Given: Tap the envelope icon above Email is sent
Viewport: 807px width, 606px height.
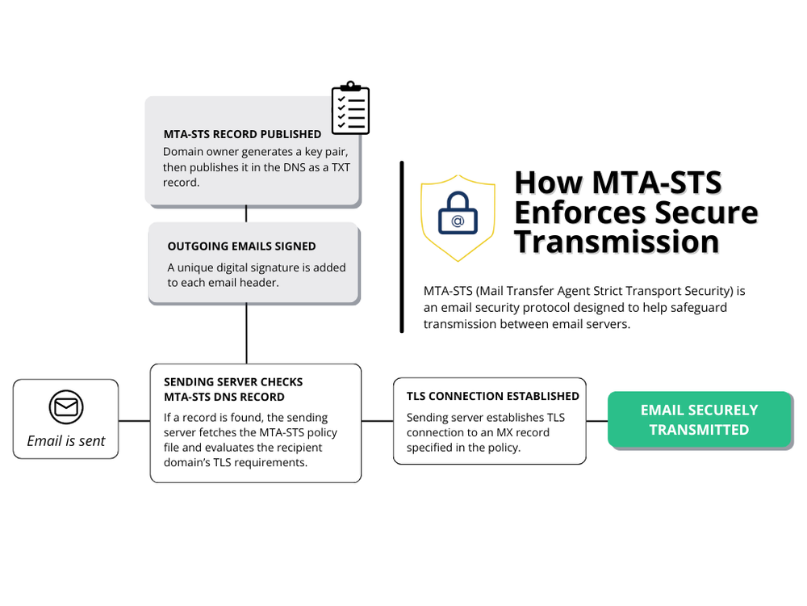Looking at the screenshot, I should pos(66,406).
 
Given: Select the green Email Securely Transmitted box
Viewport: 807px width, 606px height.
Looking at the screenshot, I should pos(699,420).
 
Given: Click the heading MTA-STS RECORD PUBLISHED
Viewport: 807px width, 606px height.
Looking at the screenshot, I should pos(242,134).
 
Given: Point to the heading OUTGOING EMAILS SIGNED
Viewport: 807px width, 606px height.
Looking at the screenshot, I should pos(241,246).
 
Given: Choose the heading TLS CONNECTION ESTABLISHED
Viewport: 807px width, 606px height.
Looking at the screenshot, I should pos(492,396).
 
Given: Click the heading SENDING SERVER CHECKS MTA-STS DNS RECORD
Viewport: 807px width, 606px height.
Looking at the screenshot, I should pos(233,389).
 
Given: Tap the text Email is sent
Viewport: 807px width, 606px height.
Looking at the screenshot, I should pos(66,441).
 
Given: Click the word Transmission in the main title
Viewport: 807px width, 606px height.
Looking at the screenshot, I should pos(617,241).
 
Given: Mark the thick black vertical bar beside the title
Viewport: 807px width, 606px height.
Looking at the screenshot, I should pos(401,246).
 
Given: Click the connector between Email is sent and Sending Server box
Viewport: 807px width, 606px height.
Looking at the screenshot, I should pos(134,421).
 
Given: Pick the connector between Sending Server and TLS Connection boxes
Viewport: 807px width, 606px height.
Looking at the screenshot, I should pos(377,421).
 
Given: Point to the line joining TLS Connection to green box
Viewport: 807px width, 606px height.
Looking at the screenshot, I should pos(596,421).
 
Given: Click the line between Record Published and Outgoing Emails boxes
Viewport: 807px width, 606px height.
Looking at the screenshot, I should pos(246,213).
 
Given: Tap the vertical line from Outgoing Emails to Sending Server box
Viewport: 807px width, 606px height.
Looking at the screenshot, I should pos(246,333).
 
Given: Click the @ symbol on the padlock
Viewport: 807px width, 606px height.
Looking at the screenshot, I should pos(458,221).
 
